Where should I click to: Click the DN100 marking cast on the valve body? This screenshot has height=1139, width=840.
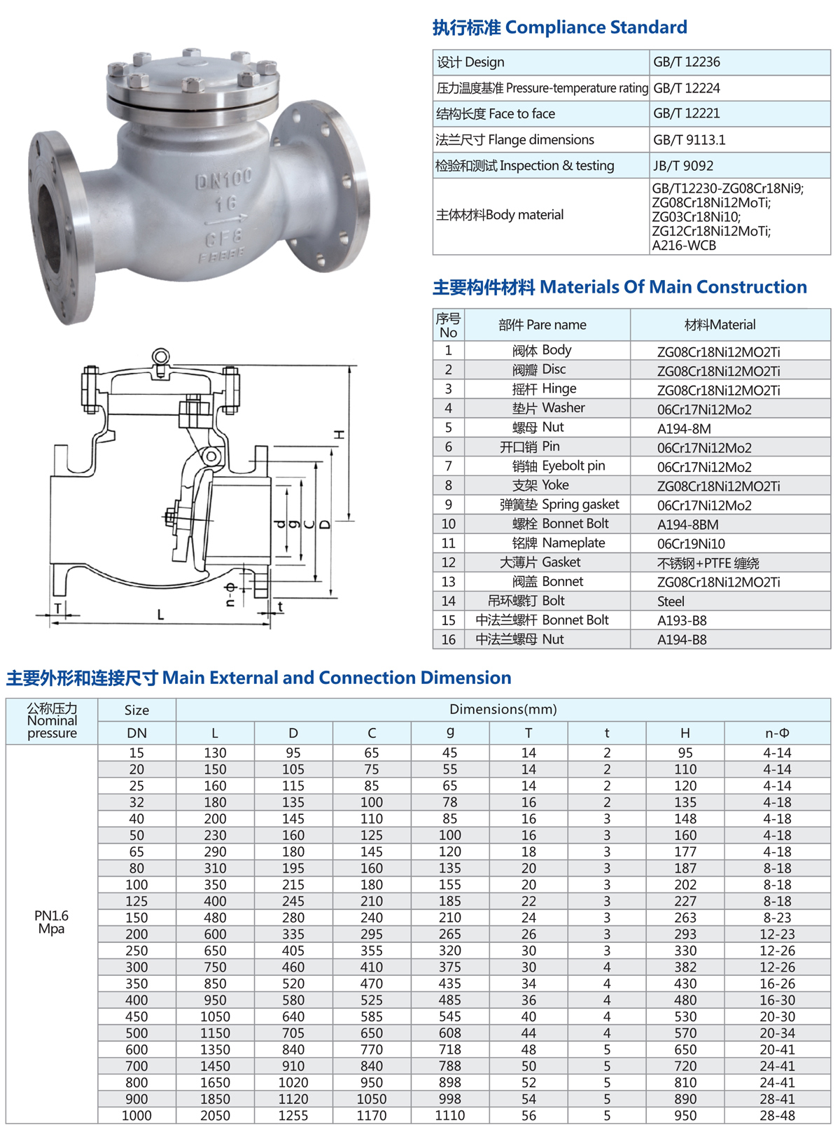[x=223, y=179]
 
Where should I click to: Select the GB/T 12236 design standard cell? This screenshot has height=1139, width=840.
[x=686, y=62]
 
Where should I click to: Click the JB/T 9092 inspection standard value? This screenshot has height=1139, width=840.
[x=682, y=165]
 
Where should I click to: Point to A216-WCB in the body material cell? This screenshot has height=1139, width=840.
[x=684, y=245]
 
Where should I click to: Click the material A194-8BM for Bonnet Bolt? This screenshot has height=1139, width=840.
[x=687, y=524]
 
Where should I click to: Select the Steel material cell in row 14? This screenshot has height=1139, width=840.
[x=671, y=601]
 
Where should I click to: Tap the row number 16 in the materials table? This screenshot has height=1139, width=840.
[x=448, y=639]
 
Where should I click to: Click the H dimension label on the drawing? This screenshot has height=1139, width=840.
[x=339, y=435]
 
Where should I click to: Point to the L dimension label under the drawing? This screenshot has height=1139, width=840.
[x=160, y=615]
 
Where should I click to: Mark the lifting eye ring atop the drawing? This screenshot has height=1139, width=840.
[x=161, y=355]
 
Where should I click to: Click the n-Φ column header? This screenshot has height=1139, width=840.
[x=777, y=733]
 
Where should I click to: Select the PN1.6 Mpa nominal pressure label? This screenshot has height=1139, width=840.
[x=51, y=922]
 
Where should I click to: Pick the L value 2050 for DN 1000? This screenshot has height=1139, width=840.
[x=215, y=1115]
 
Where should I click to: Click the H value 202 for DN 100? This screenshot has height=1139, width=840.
[x=685, y=884]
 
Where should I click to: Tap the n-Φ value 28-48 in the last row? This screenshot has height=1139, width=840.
[x=777, y=1115]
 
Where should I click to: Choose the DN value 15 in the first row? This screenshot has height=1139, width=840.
[x=136, y=753]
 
